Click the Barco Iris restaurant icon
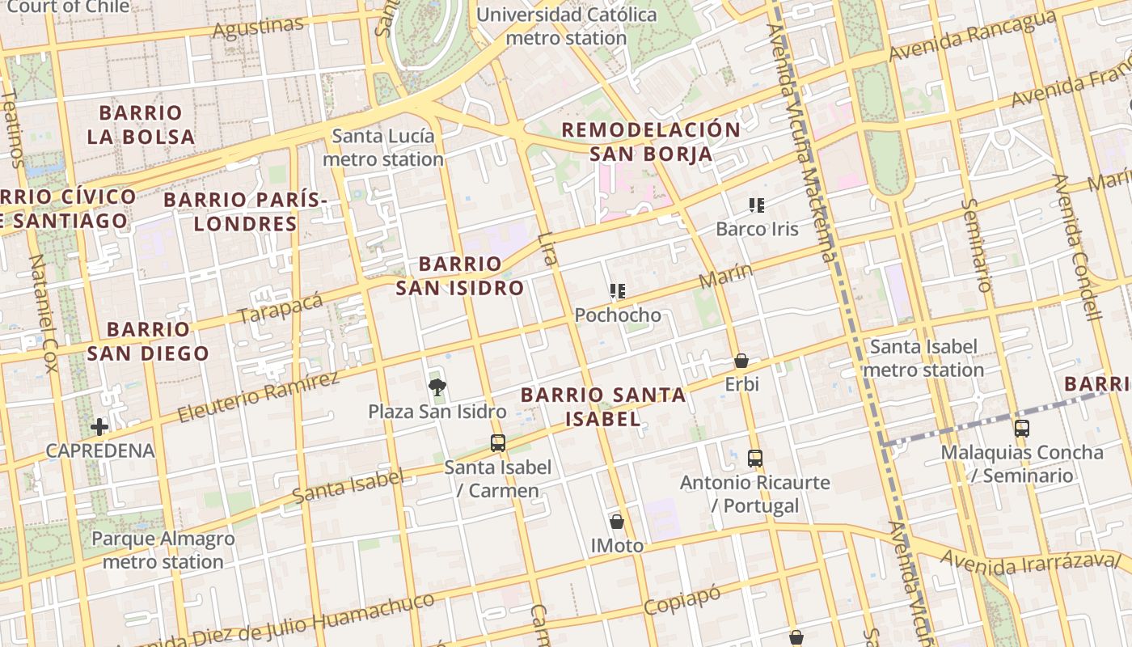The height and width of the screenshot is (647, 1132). coord(757,205)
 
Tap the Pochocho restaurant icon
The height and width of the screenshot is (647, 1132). coord(618,291)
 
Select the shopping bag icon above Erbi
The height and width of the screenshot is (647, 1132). coord(741,361)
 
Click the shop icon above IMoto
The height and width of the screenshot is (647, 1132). coord(617,522)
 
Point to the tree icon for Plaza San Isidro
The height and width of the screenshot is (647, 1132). coord(437,387)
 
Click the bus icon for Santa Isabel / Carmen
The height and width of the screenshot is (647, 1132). coord(498,443)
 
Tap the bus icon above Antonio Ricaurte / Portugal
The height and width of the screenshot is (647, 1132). coord(755,459)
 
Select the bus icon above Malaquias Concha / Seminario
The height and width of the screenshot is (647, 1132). coord(1022,429)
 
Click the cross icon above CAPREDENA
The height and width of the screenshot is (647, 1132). coord(99,426)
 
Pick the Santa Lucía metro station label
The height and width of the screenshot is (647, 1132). coord(383,148)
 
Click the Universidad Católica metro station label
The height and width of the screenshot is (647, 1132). coord(566,26)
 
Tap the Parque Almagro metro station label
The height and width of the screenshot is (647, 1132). coord(163,550)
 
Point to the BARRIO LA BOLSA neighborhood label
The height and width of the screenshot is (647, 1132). coord(141,125)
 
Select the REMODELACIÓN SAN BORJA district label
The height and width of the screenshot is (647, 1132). coord(651,142)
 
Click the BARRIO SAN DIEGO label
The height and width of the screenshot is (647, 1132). coord(148,341)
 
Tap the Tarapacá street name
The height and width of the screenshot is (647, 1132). coord(281,308)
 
